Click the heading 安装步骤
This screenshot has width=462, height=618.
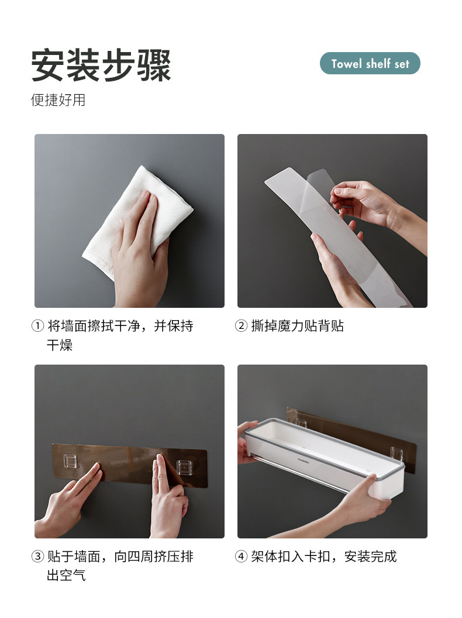pos(101,65)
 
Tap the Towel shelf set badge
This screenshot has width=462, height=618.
pos(370,63)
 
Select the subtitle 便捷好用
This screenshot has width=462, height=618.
pos(58,100)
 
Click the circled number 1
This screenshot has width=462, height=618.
pos(37,326)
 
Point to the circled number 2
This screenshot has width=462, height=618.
pos(241,326)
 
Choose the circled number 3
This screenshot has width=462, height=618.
pos(37,557)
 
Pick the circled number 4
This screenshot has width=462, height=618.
pos(241,557)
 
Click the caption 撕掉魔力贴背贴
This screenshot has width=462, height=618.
pos(297,326)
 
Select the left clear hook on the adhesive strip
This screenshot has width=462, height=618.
pos(71,461)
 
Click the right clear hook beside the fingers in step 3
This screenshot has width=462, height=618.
pos(184,468)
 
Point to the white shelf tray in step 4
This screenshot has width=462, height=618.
pos(323,457)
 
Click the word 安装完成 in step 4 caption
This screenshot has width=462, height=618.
pos(370,557)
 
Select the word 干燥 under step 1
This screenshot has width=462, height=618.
pos(60,345)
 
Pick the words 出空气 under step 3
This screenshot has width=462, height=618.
pos(66,575)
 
